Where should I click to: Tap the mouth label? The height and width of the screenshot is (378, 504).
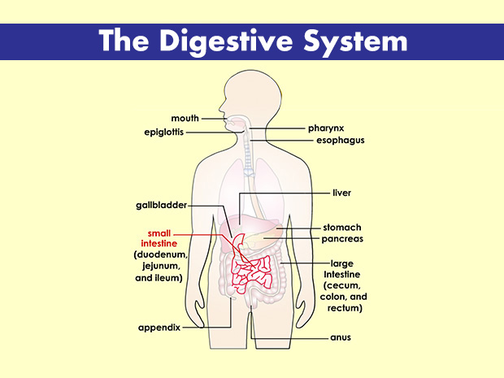(185, 119)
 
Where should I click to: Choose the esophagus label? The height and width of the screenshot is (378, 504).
(340, 141)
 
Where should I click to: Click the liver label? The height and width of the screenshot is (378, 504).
(341, 193)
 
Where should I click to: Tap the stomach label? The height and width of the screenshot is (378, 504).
(341, 228)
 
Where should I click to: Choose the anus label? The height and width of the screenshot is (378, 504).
(340, 337)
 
